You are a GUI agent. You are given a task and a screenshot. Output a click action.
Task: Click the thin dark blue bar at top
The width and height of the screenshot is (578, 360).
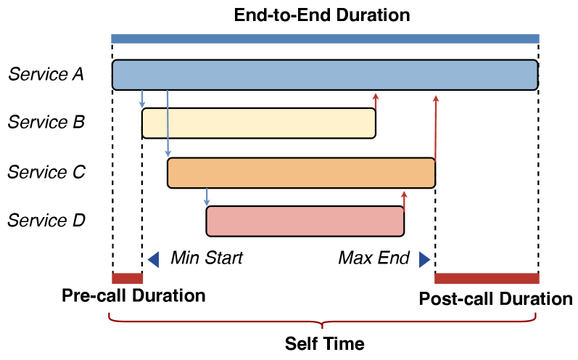point(325,38)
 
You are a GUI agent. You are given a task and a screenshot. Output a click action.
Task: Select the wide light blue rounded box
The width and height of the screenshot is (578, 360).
point(325,75)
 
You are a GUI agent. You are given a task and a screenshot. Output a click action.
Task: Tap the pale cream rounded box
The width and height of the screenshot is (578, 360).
point(259,123)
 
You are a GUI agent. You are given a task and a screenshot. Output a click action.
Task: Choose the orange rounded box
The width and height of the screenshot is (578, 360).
point(301,173)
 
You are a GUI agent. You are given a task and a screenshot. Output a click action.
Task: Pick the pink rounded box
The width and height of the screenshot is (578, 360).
point(305,221)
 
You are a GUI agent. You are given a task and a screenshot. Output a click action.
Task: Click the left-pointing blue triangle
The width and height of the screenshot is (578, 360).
point(154,260)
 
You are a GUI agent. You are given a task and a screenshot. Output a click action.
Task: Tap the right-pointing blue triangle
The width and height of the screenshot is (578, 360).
point(424,260)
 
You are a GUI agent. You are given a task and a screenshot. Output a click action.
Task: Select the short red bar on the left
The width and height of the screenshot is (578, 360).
point(128,279)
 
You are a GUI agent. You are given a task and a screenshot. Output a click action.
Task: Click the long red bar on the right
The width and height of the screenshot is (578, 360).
point(487,279)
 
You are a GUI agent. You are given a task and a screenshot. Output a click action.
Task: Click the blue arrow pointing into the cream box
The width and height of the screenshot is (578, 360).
point(142,99)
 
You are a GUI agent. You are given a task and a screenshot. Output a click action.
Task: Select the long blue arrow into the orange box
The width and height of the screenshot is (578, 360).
point(168,123)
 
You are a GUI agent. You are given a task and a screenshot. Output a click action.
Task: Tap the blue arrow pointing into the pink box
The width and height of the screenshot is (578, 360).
point(207,197)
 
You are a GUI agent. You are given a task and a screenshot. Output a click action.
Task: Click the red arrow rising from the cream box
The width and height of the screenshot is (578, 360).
point(376,102)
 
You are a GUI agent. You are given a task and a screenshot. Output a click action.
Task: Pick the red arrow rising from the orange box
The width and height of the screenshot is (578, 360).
point(436,128)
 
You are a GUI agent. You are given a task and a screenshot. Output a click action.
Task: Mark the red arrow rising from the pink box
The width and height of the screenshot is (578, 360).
point(404,200)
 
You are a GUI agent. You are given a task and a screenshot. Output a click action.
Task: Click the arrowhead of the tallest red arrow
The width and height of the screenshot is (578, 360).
point(436,98)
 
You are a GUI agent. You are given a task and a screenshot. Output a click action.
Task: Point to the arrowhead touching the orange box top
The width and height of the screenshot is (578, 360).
point(168,154)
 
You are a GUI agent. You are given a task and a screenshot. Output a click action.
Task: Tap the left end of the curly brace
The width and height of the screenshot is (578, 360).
point(110,314)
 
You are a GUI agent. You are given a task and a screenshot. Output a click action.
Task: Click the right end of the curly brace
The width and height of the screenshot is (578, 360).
point(536,314)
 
